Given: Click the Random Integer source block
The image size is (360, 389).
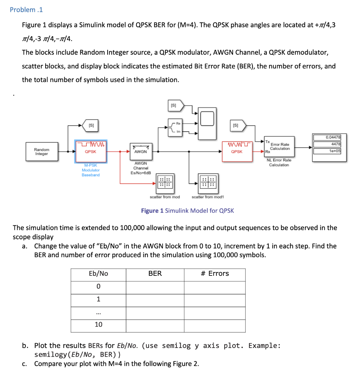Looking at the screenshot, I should point(41,152).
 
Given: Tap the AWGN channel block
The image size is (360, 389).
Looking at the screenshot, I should point(140,151).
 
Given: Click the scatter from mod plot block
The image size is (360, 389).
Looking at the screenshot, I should point(165,182).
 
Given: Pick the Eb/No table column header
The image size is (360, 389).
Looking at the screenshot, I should point(98,274).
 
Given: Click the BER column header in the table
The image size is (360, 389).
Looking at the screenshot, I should point(155,274).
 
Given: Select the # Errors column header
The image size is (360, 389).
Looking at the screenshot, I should point(215,274).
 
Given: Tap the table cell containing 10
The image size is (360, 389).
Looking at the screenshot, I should point(98,325).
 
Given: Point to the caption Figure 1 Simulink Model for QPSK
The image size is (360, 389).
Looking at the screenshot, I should point(187,211).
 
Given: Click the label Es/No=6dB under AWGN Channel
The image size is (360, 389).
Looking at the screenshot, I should point(141,173).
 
